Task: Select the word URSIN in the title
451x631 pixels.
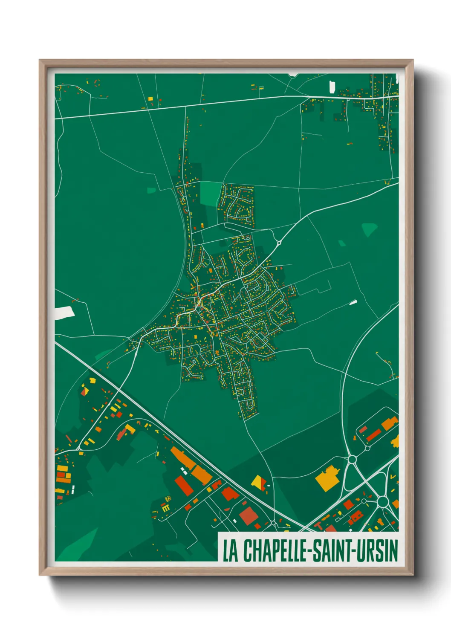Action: (x=377, y=550)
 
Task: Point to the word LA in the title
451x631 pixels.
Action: (x=230, y=551)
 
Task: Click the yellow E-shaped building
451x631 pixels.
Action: (x=165, y=507)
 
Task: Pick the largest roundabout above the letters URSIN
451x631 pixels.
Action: (x=382, y=501)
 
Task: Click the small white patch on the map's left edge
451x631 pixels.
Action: (x=64, y=313)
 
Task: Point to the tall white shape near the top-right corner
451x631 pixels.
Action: (x=332, y=87)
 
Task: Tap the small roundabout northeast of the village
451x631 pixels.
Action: (x=279, y=243)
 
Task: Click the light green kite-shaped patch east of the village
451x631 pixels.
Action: (x=369, y=229)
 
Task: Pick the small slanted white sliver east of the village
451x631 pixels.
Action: (x=353, y=302)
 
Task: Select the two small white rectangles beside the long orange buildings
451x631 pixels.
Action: (x=184, y=470)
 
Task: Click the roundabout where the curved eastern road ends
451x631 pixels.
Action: (x=352, y=459)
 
